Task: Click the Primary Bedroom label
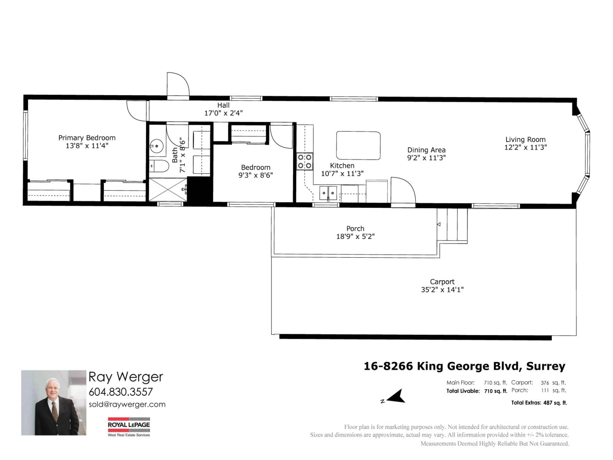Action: [87, 138]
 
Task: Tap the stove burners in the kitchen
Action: [305, 161]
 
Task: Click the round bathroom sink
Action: [157, 146]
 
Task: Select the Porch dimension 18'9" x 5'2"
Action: [355, 237]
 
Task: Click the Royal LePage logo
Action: [129, 426]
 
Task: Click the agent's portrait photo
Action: [54, 403]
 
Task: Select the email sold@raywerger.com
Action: [127, 405]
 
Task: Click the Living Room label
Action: [525, 139]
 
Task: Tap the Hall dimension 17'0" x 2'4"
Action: [223, 113]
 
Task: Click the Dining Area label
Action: [426, 150]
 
